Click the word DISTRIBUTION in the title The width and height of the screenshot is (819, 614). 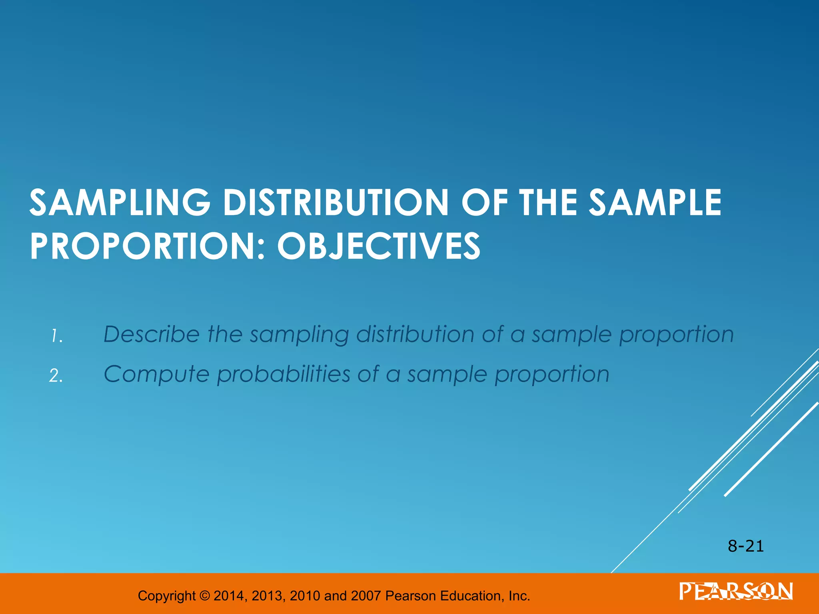pyautogui.click(x=336, y=203)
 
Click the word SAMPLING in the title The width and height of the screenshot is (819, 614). pyautogui.click(x=120, y=203)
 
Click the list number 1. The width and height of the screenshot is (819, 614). pyautogui.click(x=57, y=337)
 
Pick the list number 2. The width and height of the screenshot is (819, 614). pyautogui.click(x=56, y=376)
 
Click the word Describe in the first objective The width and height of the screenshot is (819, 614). pyautogui.click(x=152, y=334)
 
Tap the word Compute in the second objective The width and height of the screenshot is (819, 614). pyautogui.click(x=156, y=375)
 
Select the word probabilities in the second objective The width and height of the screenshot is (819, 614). pyautogui.click(x=284, y=375)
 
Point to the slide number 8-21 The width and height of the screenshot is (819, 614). pyautogui.click(x=746, y=546)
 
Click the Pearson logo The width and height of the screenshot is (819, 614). pyautogui.click(x=736, y=592)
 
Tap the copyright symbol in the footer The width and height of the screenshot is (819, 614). pyautogui.click(x=204, y=596)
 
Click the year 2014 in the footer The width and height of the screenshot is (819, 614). pyautogui.click(x=230, y=596)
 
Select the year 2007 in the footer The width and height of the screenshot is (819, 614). pyautogui.click(x=366, y=596)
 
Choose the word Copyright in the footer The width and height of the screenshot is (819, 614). pyautogui.click(x=167, y=596)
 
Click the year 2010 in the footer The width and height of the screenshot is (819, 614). pyautogui.click(x=305, y=596)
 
